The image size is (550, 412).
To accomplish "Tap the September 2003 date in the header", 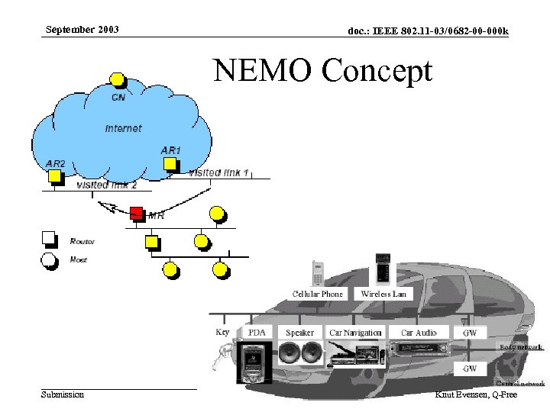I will (x=82, y=31).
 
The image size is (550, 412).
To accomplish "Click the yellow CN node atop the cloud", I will (x=117, y=79).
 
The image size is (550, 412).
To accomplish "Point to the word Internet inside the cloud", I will (x=123, y=128).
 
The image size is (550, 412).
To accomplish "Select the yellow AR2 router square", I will (x=54, y=176).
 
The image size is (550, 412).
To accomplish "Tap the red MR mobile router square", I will (x=137, y=212).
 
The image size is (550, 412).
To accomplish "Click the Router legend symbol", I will (x=49, y=239).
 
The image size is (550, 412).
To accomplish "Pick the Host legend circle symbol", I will (x=49, y=260).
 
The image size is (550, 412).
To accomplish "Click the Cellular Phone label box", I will (x=318, y=294).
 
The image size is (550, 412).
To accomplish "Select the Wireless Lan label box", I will (x=383, y=294).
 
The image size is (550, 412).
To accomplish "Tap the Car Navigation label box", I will (x=354, y=333).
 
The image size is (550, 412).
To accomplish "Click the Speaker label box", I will (x=299, y=333).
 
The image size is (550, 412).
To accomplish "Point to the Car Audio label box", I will (x=419, y=333).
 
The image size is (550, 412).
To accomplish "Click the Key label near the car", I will (x=222, y=332).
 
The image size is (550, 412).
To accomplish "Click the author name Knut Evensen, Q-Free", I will (x=475, y=394).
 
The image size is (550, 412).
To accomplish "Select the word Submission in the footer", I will (x=63, y=394).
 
